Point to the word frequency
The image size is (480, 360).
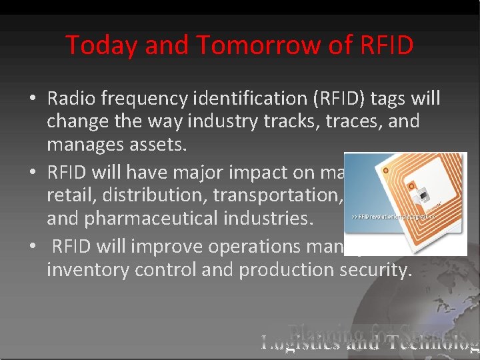click(141, 99)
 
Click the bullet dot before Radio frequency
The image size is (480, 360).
click(33, 99)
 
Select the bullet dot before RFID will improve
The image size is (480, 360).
click(33, 247)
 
